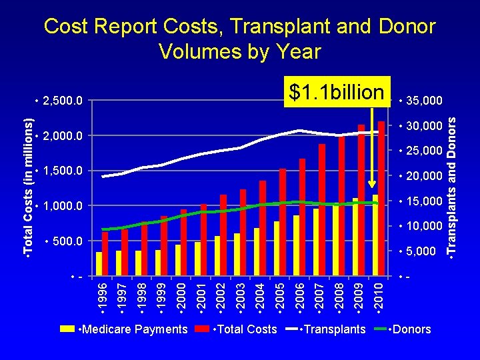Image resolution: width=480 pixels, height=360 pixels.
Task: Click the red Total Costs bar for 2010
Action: point(381,199)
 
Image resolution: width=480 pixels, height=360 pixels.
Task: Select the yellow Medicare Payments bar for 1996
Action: point(99,264)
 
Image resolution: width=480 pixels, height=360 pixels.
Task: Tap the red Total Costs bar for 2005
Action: point(283,222)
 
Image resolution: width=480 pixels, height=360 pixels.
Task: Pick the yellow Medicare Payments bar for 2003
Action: point(237,255)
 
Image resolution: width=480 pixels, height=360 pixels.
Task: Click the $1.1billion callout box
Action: point(337,91)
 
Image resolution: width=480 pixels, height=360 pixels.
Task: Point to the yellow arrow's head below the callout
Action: point(372,184)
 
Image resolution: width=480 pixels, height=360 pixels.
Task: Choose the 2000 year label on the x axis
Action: point(181,296)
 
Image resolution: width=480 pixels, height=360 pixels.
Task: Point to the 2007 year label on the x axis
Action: point(319,296)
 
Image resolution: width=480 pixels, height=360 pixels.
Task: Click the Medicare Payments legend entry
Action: point(124,329)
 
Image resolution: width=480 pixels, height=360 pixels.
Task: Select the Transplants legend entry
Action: point(325,329)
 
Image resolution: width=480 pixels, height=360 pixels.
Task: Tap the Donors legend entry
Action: point(403,329)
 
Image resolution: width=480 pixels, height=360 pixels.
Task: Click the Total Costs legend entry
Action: point(236,329)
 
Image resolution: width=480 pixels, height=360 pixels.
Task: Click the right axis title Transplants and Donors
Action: point(451,186)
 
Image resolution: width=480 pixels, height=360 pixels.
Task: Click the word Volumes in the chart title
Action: point(201,51)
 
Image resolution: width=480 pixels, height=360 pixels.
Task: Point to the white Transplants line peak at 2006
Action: point(299,131)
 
